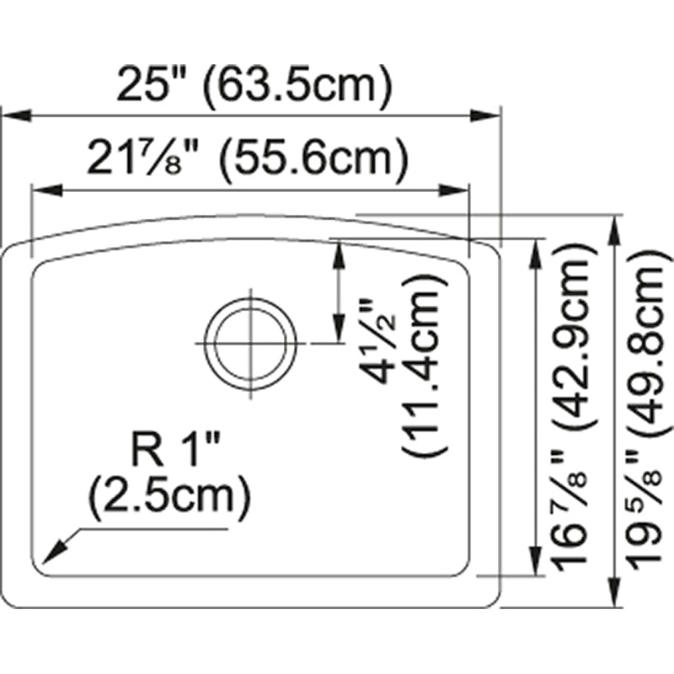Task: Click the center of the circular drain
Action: click(x=253, y=345)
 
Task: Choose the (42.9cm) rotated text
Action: click(x=573, y=362)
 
